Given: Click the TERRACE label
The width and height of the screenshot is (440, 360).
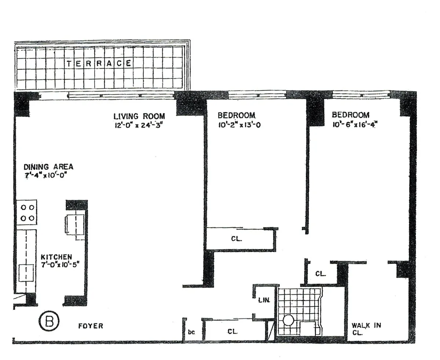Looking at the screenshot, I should [x=99, y=63].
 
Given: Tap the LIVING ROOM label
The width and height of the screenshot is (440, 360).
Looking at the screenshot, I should [x=139, y=116].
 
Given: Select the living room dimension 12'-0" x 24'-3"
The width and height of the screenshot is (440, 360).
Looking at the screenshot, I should [x=138, y=126].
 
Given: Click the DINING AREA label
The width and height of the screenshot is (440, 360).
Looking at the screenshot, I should [x=48, y=167].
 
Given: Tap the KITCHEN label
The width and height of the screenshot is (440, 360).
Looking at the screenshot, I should [x=56, y=257].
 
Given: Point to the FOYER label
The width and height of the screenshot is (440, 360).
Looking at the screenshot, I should [x=91, y=326].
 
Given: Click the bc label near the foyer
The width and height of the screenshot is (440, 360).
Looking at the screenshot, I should [x=191, y=332].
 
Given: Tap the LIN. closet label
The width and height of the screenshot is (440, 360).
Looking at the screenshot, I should [x=264, y=300].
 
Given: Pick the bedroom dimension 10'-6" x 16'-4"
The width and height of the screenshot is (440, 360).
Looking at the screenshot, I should [x=355, y=125].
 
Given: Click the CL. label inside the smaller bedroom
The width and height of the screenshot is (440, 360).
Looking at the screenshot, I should [x=236, y=239].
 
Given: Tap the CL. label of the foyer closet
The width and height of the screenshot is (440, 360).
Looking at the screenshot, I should [x=232, y=331].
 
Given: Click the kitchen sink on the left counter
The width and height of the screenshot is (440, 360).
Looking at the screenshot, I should [x=26, y=272].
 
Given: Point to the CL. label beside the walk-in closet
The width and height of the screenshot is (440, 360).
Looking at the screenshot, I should [x=321, y=274].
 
